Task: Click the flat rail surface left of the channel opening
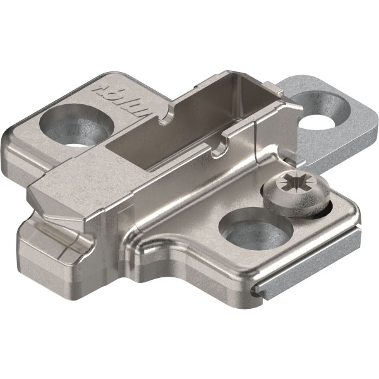click(88, 183)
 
